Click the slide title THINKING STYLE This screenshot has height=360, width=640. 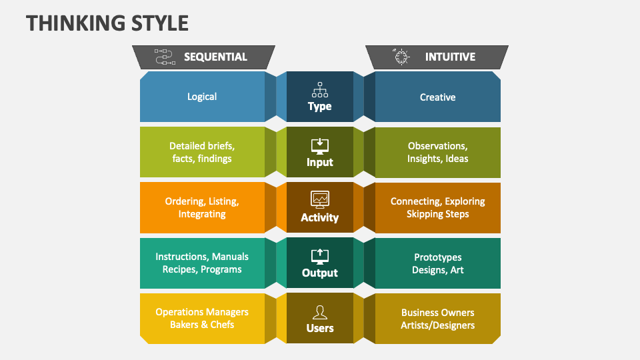[107, 23]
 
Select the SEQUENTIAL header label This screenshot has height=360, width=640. [215, 57]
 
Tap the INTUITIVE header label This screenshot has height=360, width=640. [450, 57]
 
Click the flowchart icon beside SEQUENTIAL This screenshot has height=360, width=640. [164, 57]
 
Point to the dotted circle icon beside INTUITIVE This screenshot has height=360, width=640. [401, 57]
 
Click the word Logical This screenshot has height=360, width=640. [202, 97]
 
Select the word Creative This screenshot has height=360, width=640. [437, 97]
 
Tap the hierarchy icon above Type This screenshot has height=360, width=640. [320, 90]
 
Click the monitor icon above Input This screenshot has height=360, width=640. [320, 145]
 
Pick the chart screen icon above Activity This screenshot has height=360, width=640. [320, 199]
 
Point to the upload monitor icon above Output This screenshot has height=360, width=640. [320, 255]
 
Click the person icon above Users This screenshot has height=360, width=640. [320, 311]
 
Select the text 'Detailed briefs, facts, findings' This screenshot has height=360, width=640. [202, 152]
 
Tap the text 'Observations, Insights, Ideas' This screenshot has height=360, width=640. [437, 152]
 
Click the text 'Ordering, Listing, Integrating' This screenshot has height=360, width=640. [202, 207]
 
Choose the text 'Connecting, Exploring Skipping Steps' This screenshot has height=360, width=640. [437, 207]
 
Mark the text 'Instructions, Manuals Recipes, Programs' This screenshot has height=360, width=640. [202, 263]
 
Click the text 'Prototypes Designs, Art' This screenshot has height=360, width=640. [437, 263]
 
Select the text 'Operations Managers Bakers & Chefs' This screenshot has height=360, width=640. [202, 318]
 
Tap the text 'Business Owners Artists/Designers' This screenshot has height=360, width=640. [437, 319]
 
